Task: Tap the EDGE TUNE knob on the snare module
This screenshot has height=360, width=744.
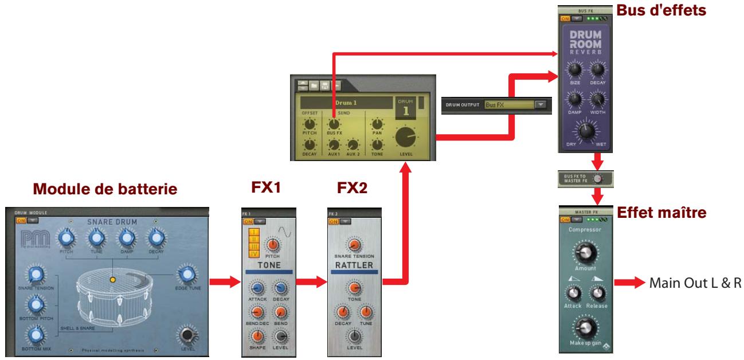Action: pyautogui.click(x=186, y=276)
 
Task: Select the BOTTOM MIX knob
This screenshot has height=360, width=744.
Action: pyautogui.click(x=36, y=334)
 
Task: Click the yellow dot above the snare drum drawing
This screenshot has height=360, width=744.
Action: pyautogui.click(x=113, y=281)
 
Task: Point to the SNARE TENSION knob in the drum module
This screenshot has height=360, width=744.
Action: pyautogui.click(x=36, y=275)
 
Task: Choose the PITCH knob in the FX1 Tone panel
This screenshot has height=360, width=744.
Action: pyautogui.click(x=273, y=245)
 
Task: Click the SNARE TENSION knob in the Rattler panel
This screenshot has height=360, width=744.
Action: pyautogui.click(x=354, y=245)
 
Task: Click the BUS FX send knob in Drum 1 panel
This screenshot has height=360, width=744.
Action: pyautogui.click(x=332, y=124)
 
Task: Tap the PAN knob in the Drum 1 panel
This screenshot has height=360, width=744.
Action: pyautogui.click(x=377, y=124)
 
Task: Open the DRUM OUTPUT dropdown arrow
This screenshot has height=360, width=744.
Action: pyautogui.click(x=541, y=105)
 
